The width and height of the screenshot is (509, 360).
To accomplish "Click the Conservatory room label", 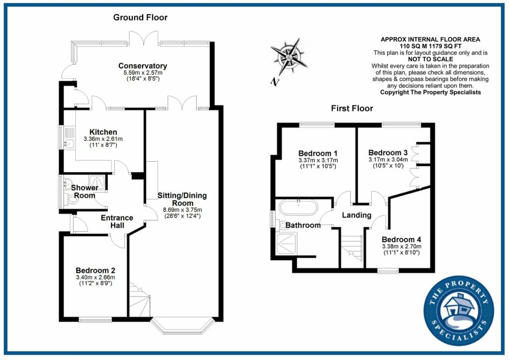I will (142, 66).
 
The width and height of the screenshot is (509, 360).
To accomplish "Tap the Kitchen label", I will (103, 132).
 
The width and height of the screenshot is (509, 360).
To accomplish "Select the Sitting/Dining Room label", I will (182, 199).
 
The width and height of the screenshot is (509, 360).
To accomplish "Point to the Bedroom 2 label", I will (95, 270).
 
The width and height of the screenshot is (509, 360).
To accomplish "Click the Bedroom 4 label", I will (401, 239).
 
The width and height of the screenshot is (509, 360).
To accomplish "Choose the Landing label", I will (356, 215).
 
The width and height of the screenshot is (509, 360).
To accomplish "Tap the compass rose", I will (289, 57).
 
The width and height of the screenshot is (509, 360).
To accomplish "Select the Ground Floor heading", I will (140, 17).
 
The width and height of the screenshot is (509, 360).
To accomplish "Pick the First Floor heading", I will (352, 108).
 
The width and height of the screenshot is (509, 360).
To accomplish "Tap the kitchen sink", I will (69, 144).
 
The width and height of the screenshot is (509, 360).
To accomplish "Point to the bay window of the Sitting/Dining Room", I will (182, 325).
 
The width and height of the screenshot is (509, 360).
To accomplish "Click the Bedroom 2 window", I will (95, 320).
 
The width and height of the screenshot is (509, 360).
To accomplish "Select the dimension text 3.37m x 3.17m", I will (318, 160).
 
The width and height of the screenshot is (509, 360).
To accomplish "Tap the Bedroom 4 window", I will (388, 271).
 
